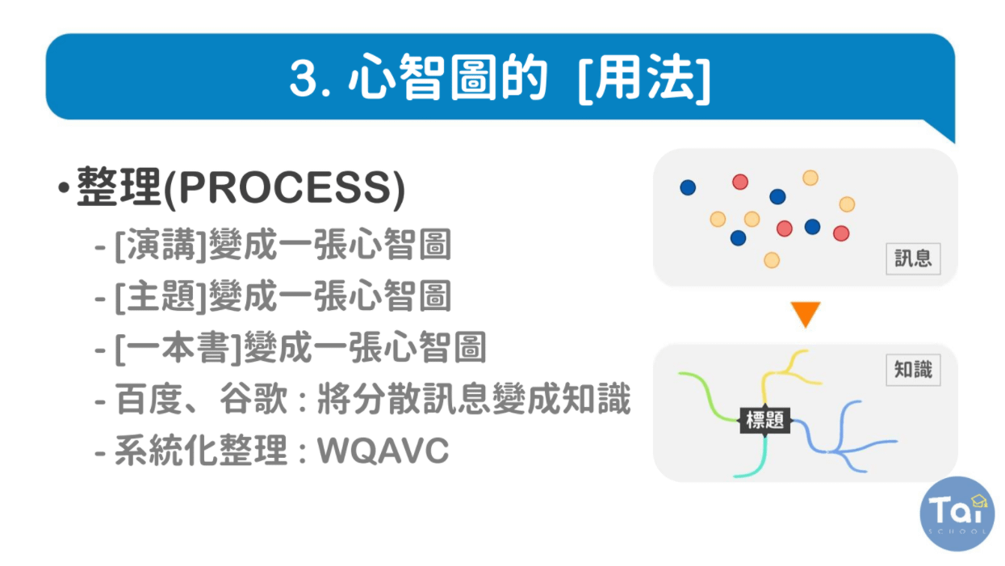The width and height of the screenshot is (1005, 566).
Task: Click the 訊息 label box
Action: [x=913, y=258]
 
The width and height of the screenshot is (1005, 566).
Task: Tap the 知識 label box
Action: [x=913, y=370]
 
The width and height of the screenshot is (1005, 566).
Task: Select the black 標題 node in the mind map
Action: [x=765, y=420]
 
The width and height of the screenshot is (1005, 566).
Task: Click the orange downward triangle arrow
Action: [x=805, y=314]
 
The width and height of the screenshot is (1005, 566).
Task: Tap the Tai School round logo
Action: [x=957, y=514]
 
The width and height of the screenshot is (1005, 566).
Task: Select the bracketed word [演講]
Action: [x=161, y=245]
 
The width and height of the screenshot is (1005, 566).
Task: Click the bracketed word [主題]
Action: [x=161, y=297]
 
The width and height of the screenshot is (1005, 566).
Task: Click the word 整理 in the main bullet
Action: [x=119, y=188]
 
